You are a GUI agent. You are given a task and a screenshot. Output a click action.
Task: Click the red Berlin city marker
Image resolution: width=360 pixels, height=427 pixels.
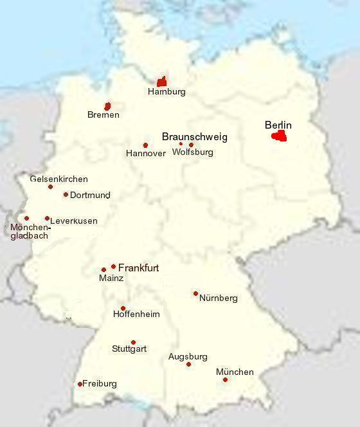(x=279, y=136)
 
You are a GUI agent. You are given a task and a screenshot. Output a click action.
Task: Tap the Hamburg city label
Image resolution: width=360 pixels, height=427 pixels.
(x=166, y=92)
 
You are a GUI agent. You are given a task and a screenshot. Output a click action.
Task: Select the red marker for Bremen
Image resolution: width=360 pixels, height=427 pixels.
(x=108, y=105)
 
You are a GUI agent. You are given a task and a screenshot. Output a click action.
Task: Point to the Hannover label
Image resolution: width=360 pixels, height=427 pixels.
(x=146, y=154)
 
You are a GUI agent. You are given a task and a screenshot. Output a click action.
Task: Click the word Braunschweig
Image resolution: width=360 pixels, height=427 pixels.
(x=194, y=137)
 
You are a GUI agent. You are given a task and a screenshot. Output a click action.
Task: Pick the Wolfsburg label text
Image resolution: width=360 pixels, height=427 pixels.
(x=193, y=152)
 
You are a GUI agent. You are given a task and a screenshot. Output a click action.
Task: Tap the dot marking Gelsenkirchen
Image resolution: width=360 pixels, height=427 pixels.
(x=51, y=186)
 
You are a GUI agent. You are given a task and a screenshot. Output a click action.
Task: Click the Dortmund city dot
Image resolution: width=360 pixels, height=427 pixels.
(x=66, y=194)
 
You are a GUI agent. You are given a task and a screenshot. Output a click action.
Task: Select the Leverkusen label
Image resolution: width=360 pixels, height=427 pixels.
(x=74, y=221)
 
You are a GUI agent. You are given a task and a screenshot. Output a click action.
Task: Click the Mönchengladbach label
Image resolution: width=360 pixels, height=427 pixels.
(x=30, y=232)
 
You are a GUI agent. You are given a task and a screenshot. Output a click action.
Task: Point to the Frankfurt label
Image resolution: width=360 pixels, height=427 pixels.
(x=138, y=268)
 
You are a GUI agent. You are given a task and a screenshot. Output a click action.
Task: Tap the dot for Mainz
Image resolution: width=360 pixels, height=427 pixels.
(x=104, y=269)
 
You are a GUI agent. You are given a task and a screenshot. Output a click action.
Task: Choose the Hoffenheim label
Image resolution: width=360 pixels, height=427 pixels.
(x=136, y=314)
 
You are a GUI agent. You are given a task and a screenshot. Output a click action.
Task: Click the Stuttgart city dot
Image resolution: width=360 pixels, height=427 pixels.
(x=133, y=342)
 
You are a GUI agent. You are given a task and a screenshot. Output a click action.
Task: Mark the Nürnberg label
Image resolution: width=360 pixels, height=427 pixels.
(x=219, y=298)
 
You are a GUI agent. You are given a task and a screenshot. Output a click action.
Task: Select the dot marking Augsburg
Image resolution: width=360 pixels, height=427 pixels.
(x=188, y=364)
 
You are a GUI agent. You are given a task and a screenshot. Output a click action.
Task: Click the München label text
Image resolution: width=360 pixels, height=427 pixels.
(x=235, y=372)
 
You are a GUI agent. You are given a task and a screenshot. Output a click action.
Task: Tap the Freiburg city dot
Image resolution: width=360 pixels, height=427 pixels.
(x=80, y=384)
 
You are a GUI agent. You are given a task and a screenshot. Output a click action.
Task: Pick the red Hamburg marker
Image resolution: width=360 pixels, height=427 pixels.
(x=162, y=81)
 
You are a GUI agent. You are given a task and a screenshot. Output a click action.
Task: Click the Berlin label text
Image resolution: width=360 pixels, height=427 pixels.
(x=278, y=125)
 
